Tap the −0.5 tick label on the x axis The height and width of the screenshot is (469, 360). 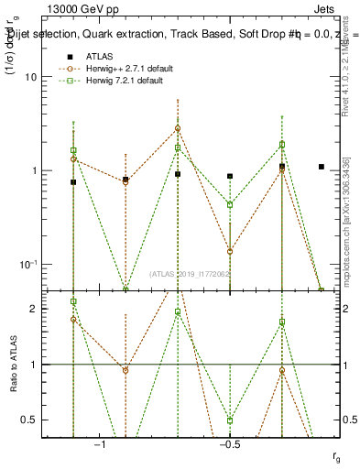tap(230, 444)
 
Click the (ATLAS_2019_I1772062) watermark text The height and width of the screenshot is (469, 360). tap(191, 273)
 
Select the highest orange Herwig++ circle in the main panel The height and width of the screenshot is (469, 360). tap(178, 128)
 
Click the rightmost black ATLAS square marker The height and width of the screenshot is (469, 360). tap(321, 167)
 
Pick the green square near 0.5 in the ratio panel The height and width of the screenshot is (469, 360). tap(230, 420)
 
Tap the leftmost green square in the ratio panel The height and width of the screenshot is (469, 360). tap(73, 301)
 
